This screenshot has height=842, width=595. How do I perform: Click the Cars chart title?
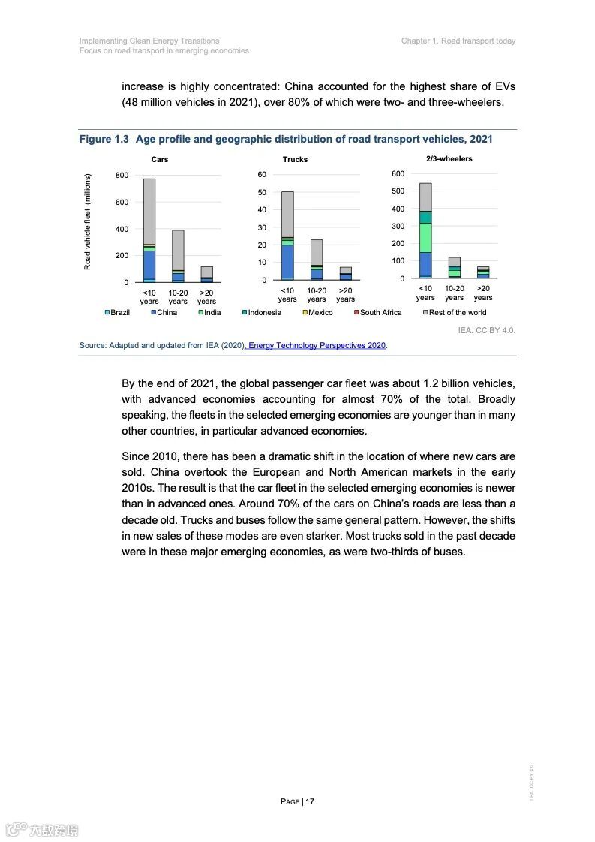coord(160,159)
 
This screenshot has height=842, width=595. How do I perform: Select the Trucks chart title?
coord(295,159)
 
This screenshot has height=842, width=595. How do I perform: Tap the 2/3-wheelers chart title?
coord(449,158)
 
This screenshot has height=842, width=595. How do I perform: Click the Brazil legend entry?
coord(117,312)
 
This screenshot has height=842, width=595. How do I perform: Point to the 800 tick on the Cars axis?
coord(122,175)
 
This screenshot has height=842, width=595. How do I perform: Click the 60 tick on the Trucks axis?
coord(263,175)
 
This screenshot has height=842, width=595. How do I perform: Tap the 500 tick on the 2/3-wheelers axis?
coord(398,191)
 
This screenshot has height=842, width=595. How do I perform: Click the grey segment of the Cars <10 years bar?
coord(149,210)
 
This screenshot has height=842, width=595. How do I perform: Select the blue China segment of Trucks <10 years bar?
coord(287,260)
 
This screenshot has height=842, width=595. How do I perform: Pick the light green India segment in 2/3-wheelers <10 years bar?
coord(425,237)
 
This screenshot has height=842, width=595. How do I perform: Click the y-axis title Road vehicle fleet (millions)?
coord(88,222)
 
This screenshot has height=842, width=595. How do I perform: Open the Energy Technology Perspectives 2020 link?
coord(317,345)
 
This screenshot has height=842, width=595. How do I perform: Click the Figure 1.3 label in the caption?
coord(104,139)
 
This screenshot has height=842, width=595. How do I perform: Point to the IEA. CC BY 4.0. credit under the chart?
coord(486,329)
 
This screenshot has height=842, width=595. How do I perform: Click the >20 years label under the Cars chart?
coord(206,297)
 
